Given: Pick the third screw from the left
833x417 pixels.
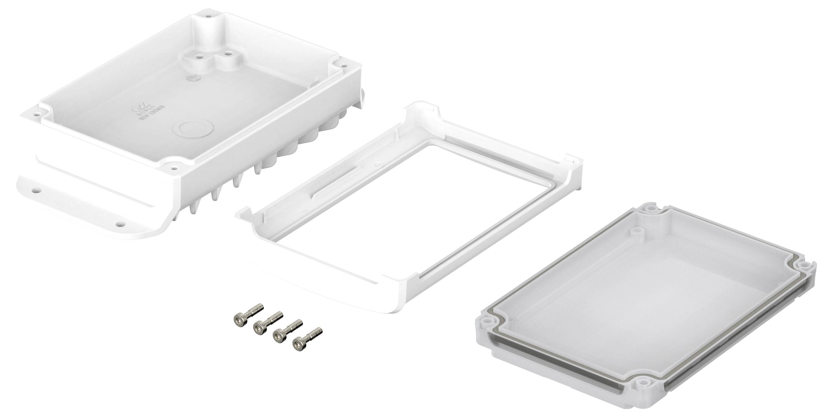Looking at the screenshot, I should (278, 336).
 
